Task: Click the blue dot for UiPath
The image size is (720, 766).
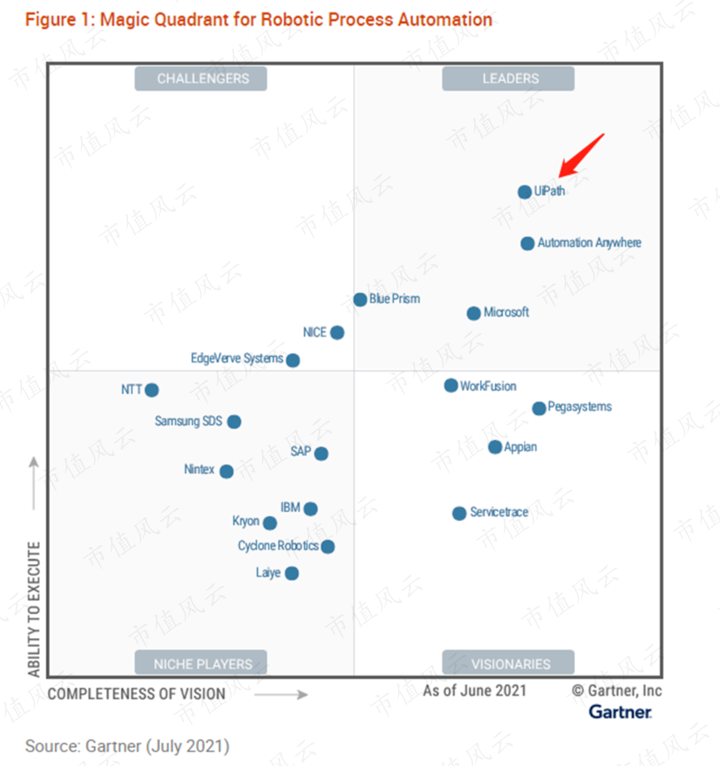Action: coord(525,192)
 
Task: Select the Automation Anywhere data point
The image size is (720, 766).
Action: coord(527,243)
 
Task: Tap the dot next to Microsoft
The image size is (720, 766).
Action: coord(474,313)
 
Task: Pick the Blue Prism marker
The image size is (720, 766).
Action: coord(360,300)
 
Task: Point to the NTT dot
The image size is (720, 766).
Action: coord(152,390)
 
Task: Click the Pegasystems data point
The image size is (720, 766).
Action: coord(539,408)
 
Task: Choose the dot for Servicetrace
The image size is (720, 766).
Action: coord(459,514)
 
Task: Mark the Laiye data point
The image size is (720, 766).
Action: coord(291,573)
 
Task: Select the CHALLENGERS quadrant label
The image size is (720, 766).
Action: coord(201,79)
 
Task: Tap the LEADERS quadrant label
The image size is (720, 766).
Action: coord(508,79)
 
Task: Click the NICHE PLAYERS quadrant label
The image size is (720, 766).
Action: coord(201,663)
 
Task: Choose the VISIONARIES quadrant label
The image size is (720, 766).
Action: coord(508,663)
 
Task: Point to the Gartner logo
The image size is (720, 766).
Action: coord(620,712)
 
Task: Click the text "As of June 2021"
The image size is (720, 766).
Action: coord(475,691)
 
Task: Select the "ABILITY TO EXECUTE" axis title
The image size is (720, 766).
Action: coord(34,609)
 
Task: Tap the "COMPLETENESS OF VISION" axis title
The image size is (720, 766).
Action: coord(137,694)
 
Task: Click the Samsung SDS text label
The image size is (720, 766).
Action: coord(188,421)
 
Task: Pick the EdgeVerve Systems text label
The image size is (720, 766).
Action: coord(236,358)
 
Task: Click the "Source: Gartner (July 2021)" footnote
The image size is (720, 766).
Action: coord(127,746)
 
